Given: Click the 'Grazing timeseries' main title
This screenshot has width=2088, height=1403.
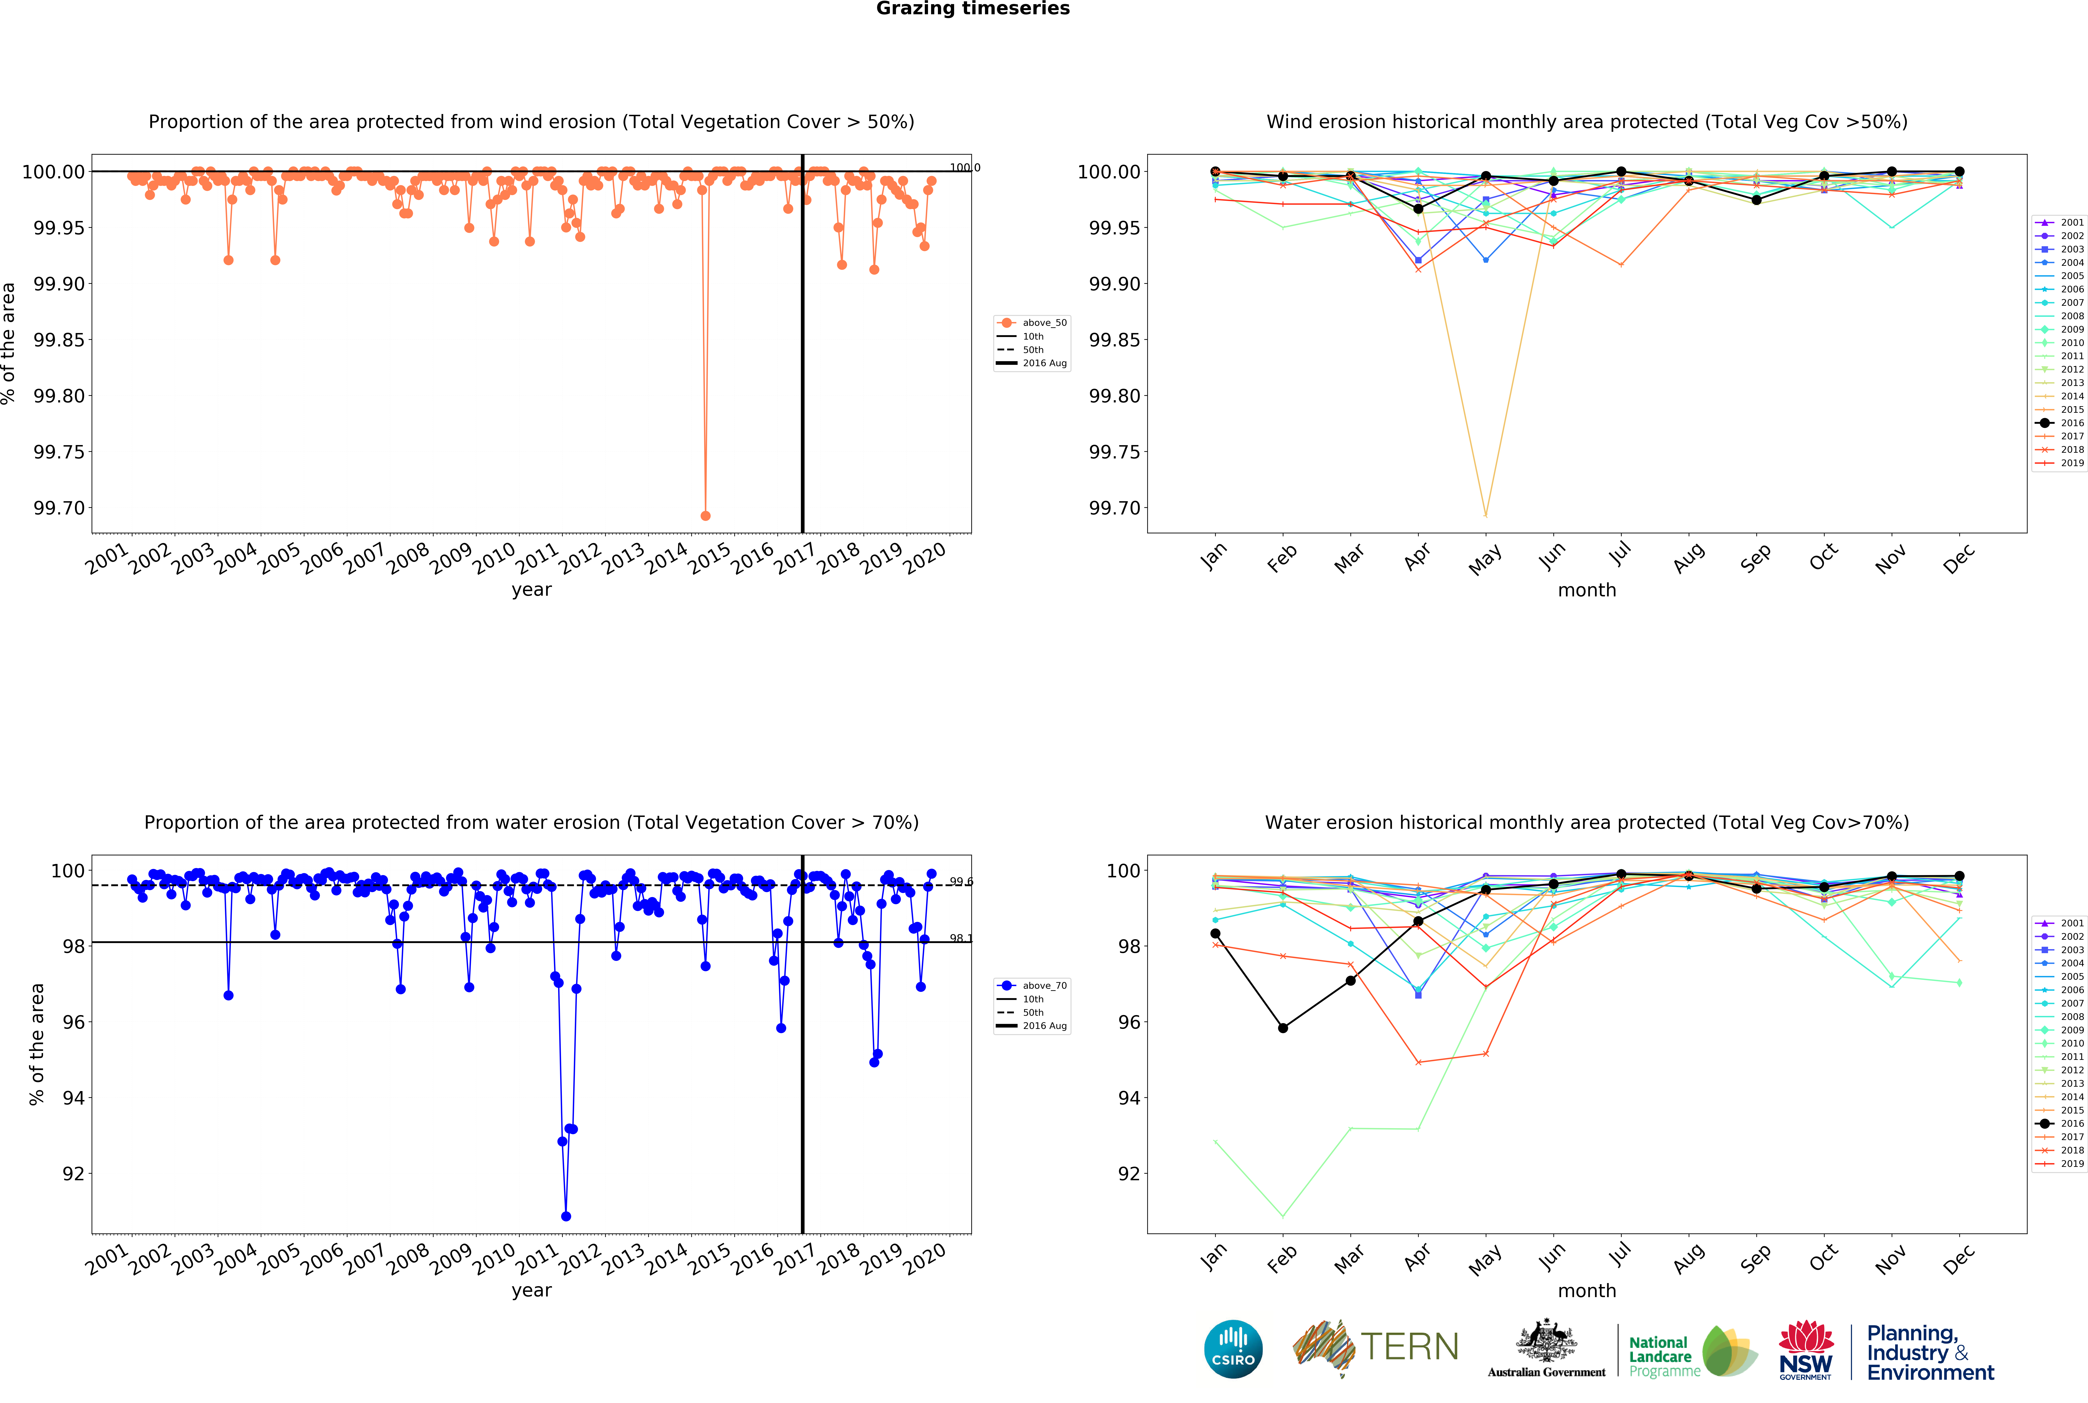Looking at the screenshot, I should click(972, 9).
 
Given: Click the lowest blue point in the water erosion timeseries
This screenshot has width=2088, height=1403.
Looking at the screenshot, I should click(565, 1216).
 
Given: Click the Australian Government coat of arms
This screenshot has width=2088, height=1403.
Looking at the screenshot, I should click(1546, 1342).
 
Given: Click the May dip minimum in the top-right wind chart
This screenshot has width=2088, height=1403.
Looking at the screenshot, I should click(1486, 515).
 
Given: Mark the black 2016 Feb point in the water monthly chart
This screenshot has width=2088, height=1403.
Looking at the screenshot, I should click(1283, 1028).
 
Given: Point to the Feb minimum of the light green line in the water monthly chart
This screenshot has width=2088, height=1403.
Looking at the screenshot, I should click(1283, 1216).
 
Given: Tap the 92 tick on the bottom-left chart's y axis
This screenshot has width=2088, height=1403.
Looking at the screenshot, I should click(73, 1174).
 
